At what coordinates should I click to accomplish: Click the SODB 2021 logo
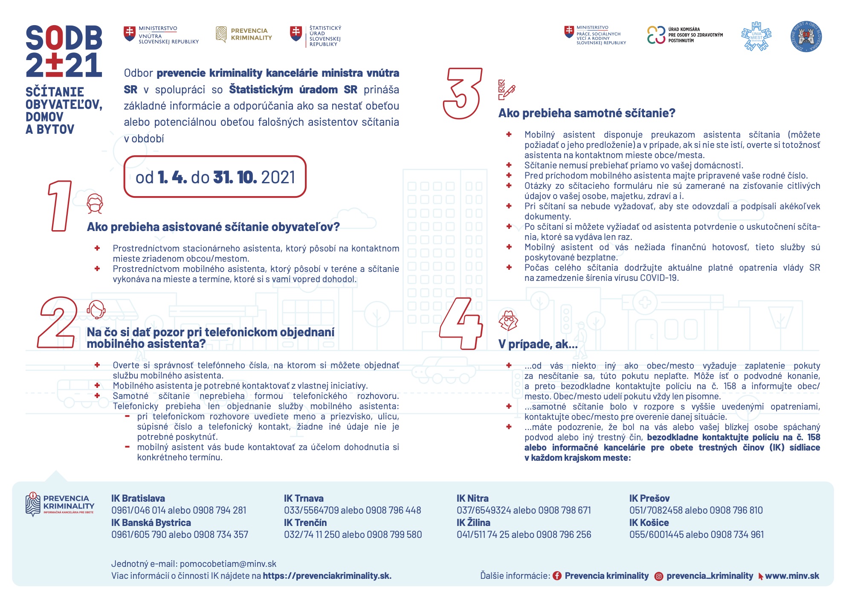(x=64, y=51)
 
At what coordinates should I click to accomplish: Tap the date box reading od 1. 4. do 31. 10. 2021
(x=215, y=177)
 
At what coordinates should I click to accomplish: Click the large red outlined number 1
(x=60, y=206)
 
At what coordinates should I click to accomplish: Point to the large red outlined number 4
(x=461, y=324)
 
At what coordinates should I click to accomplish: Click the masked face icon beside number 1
(x=95, y=204)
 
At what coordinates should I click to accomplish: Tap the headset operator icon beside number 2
(x=96, y=309)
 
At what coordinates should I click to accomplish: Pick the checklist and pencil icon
(x=507, y=90)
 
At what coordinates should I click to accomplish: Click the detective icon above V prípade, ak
(x=508, y=321)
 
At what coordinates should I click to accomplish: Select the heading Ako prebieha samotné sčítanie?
(x=587, y=113)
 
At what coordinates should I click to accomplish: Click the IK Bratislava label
(x=138, y=498)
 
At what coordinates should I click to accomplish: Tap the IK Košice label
(x=649, y=523)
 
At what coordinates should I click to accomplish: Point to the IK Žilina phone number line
(x=524, y=534)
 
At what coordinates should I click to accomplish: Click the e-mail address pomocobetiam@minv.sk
(x=228, y=564)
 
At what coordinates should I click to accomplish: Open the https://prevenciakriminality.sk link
(x=327, y=576)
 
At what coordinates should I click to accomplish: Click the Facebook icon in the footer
(x=557, y=576)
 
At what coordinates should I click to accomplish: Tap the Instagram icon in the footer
(x=659, y=576)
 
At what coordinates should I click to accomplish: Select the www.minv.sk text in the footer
(x=792, y=576)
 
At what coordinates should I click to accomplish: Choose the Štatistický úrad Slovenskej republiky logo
(x=316, y=36)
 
